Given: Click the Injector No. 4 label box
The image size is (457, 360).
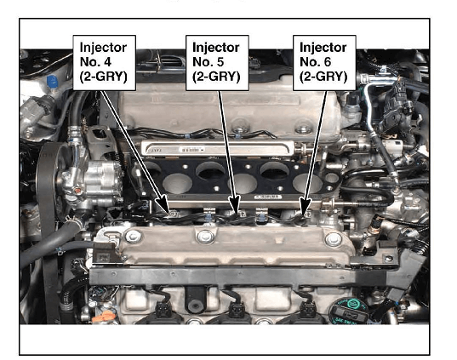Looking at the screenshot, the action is [104, 63].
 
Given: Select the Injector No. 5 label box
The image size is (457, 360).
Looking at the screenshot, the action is [217, 63].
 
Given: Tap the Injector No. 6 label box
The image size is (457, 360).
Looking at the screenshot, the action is [324, 63].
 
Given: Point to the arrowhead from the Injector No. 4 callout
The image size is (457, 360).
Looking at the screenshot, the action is [163, 203].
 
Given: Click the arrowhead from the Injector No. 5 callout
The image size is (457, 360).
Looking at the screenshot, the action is [235, 205].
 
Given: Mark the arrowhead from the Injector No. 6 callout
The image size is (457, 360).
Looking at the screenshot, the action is [305, 206].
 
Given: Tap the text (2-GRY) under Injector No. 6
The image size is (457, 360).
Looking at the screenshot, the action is [323, 77].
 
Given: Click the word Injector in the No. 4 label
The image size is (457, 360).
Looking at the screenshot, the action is [103, 48].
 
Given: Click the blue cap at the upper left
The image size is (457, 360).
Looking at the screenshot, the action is [52, 82].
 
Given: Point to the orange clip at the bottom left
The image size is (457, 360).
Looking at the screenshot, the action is [104, 317].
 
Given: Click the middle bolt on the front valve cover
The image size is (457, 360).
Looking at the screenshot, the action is [205, 236].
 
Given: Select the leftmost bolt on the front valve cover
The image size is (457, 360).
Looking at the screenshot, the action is [134, 237].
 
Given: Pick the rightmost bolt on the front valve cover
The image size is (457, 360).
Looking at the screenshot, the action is [333, 239].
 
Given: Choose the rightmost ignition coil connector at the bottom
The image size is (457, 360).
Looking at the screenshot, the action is [308, 309].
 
